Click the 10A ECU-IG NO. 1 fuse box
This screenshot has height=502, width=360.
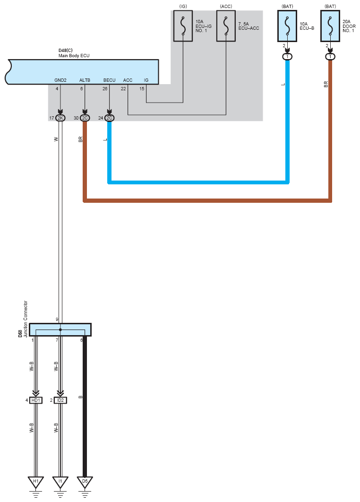coord(183,26)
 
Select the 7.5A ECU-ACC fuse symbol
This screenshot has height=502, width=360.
coord(226,26)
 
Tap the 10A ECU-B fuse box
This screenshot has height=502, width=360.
coord(287,26)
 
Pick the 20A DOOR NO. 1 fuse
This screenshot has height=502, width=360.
coord(330,26)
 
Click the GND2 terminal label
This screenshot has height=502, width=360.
coord(60,80)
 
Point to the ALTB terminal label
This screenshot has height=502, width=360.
coord(85,80)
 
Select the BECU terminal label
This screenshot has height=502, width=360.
coord(110,80)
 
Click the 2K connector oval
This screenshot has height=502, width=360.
coord(60,118)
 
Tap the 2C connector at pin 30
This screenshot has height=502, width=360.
coord(85,118)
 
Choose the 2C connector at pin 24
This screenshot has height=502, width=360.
coord(110,118)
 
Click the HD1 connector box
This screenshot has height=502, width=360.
coord(36,400)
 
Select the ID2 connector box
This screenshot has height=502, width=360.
coord(60,400)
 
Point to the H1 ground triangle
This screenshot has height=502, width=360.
coord(35,482)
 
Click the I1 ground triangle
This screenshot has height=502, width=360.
coord(60,482)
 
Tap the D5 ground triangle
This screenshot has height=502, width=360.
coord(85,482)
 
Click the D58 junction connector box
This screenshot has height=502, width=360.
coord(60,330)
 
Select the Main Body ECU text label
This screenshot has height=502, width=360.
coord(74,56)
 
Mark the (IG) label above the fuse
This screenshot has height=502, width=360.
coord(183,7)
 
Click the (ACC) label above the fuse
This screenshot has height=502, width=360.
coord(226,7)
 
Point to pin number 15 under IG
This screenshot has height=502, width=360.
coord(142,89)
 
